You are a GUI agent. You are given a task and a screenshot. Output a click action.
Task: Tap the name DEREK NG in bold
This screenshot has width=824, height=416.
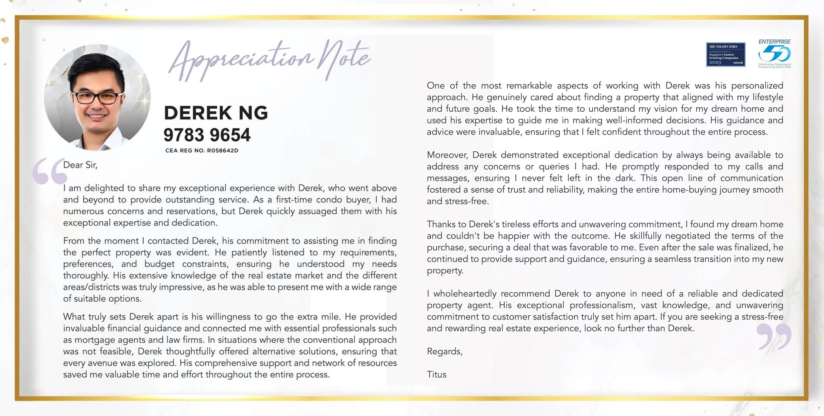216,113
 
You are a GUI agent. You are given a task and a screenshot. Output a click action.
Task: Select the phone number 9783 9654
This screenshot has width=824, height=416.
207,135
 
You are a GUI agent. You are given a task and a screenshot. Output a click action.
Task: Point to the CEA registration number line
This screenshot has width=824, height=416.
202,150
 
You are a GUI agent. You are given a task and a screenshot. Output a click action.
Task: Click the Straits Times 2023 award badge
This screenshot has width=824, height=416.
725,54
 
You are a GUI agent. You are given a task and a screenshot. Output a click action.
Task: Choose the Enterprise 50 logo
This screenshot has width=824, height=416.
774,54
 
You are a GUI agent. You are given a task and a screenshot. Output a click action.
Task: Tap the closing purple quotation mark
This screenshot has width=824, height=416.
774,336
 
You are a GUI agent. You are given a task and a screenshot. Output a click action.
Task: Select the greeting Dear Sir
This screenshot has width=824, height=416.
80,165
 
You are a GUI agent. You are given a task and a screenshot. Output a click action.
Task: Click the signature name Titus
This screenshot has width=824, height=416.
437,375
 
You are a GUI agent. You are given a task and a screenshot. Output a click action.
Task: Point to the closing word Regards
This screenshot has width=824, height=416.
444,351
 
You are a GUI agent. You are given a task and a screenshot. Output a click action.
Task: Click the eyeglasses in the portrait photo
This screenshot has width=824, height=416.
97,98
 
